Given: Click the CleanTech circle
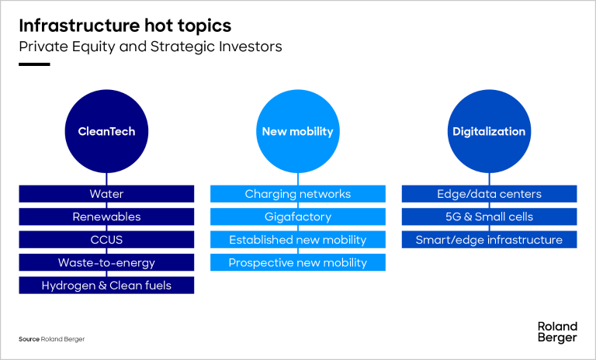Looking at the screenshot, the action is (106, 131).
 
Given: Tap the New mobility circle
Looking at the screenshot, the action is (298, 131).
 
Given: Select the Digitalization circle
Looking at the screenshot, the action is (489, 131).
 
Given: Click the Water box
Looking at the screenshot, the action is (106, 194).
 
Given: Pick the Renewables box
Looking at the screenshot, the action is (106, 216).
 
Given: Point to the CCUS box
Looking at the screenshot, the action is (106, 240).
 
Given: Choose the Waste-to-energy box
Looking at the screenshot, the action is (106, 262).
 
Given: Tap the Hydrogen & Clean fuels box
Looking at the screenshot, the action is (106, 285).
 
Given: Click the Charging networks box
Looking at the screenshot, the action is (298, 194).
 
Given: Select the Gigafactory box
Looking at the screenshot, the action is (298, 216).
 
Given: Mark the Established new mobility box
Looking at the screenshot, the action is (298, 240).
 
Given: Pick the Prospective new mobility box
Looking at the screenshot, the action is (298, 262).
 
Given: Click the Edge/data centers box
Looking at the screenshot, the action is (489, 194).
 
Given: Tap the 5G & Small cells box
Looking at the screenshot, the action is (489, 216).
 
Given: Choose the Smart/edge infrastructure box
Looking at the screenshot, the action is (489, 240).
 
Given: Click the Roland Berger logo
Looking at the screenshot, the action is (557, 332).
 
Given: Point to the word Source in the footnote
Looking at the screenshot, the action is (29, 339).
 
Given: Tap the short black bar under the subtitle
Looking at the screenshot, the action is (34, 64).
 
